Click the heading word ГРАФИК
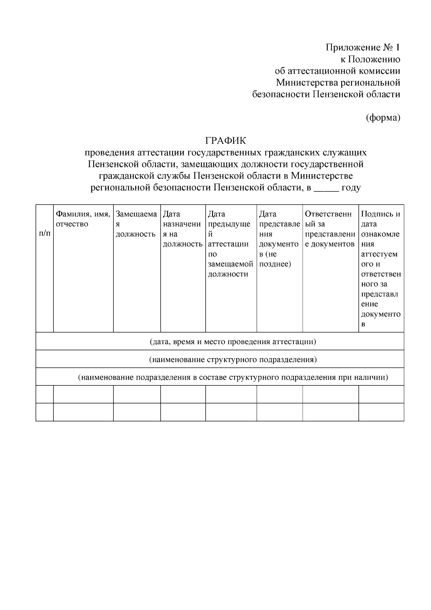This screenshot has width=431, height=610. (x=225, y=140)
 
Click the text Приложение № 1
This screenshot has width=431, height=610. (x=363, y=47)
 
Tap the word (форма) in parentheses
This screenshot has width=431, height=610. (x=383, y=117)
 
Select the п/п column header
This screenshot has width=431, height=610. (x=45, y=234)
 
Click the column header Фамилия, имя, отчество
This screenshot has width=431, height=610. (x=83, y=219)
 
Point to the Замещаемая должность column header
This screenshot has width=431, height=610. (x=136, y=224)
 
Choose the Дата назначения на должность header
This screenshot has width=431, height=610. (x=182, y=229)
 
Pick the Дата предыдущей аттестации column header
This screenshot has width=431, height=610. (x=230, y=244)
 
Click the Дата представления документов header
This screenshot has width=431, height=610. (x=279, y=239)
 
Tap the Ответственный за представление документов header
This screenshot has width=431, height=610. (x=330, y=229)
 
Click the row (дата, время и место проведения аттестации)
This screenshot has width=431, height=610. (x=233, y=341)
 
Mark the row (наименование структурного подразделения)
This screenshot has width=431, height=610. (x=233, y=359)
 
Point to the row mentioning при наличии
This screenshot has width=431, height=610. (x=233, y=377)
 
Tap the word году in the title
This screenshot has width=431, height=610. (x=351, y=188)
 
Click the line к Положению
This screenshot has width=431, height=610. (x=370, y=59)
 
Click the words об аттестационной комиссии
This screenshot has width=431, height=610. (x=337, y=71)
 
